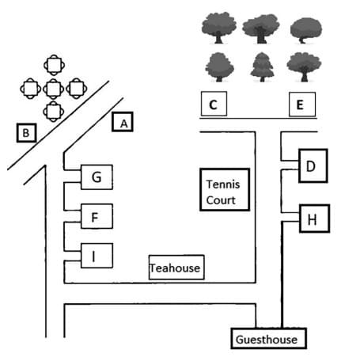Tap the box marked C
coord(213,104)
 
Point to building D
coord(311,165)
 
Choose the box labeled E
coord(299,104)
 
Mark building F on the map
coord(96,215)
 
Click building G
coord(96,177)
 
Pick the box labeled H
coord(312,219)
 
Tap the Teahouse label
coord(176,268)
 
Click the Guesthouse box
coord(267,340)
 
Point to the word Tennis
coord(222,184)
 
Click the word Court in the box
coord(221,200)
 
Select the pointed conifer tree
coord(260,66)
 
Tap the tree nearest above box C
coord(218,66)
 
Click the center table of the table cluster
coord(53,87)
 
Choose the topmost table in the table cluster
coord(53,63)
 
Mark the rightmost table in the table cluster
coord(77,87)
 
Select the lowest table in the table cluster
coord(53,110)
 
